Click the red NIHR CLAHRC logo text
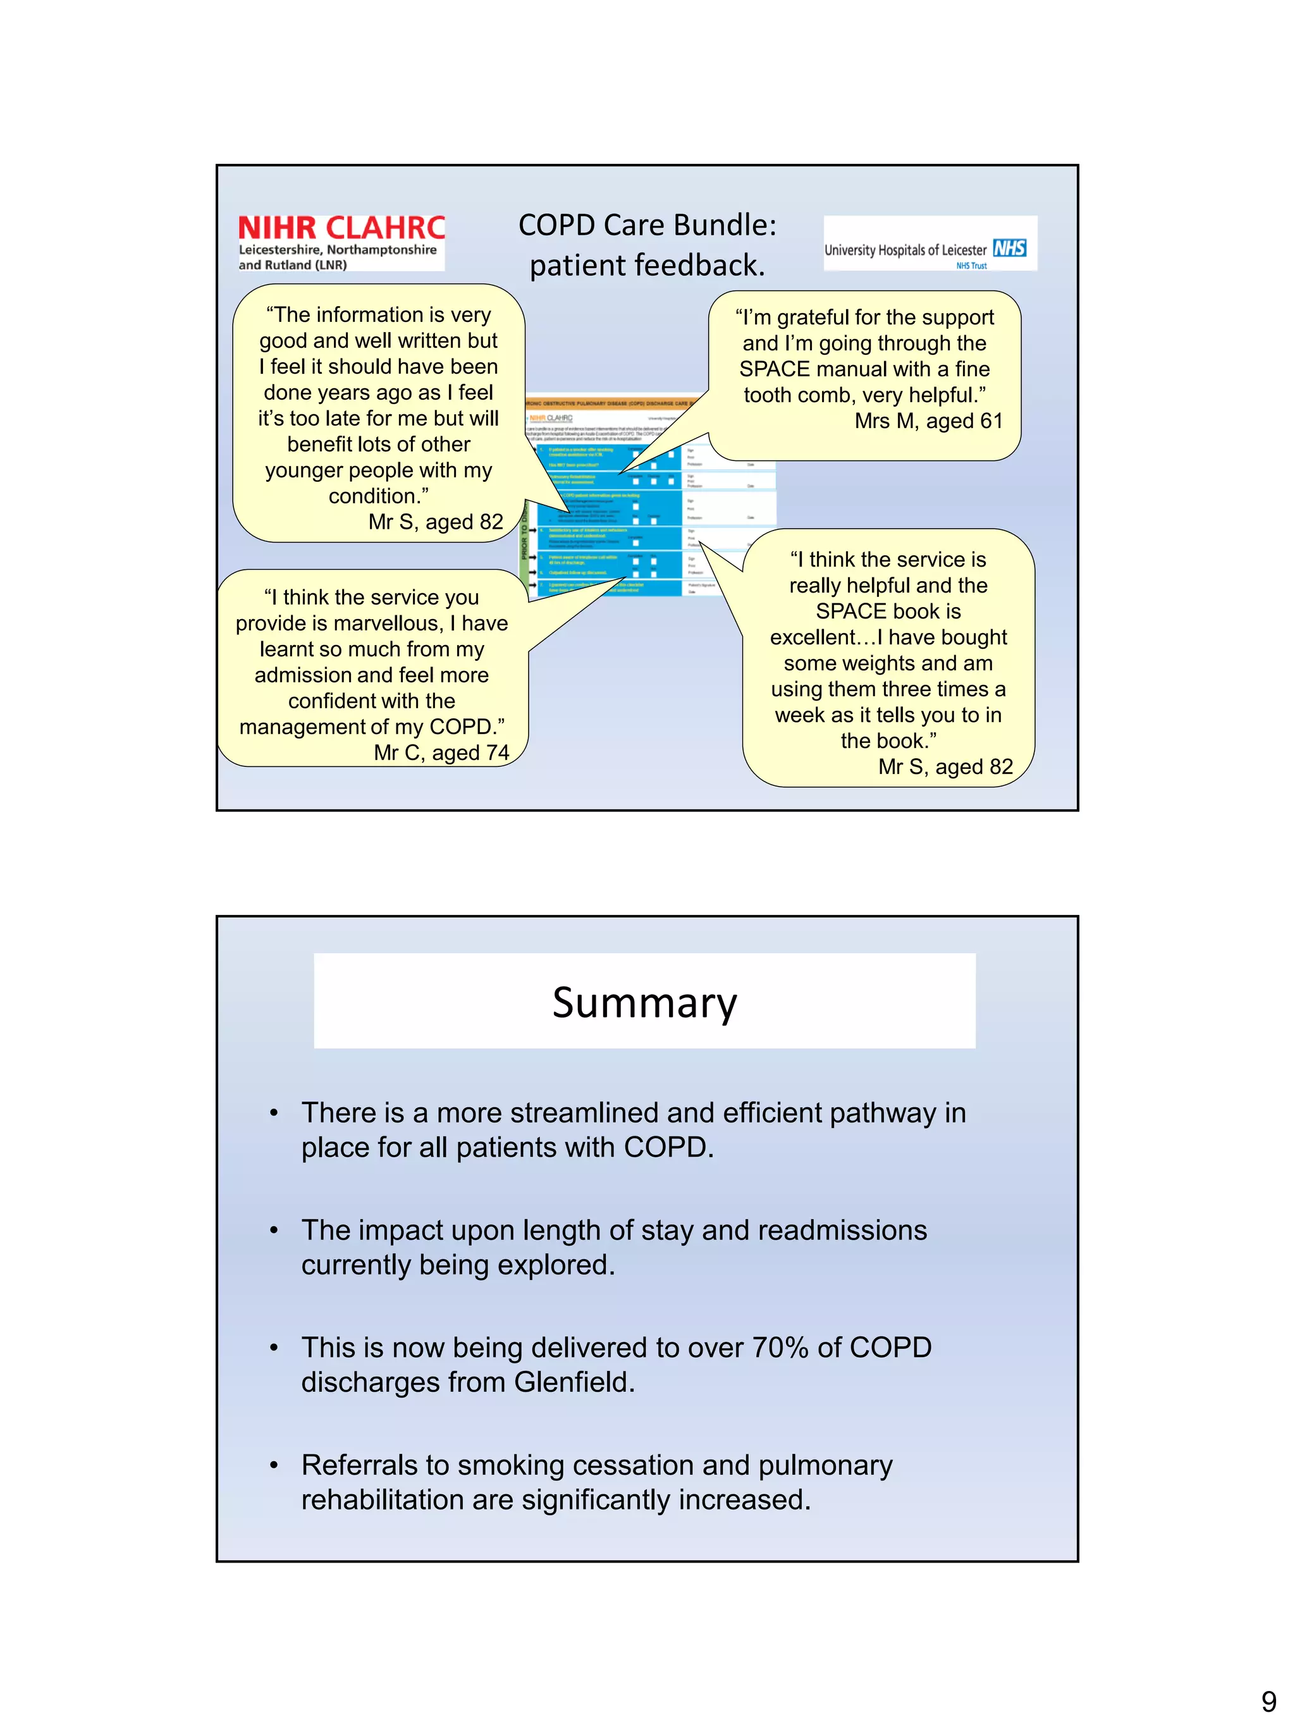pos(341,228)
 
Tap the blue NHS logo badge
pos(1009,249)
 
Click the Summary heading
pos(644,1002)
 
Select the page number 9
pos(1268,1701)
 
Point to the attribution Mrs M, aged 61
pos(928,421)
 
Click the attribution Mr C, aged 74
pos(441,753)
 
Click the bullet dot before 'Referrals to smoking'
pos(274,1465)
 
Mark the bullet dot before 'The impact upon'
pos(274,1231)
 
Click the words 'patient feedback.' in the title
pos(647,266)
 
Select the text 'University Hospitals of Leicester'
pos(905,250)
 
